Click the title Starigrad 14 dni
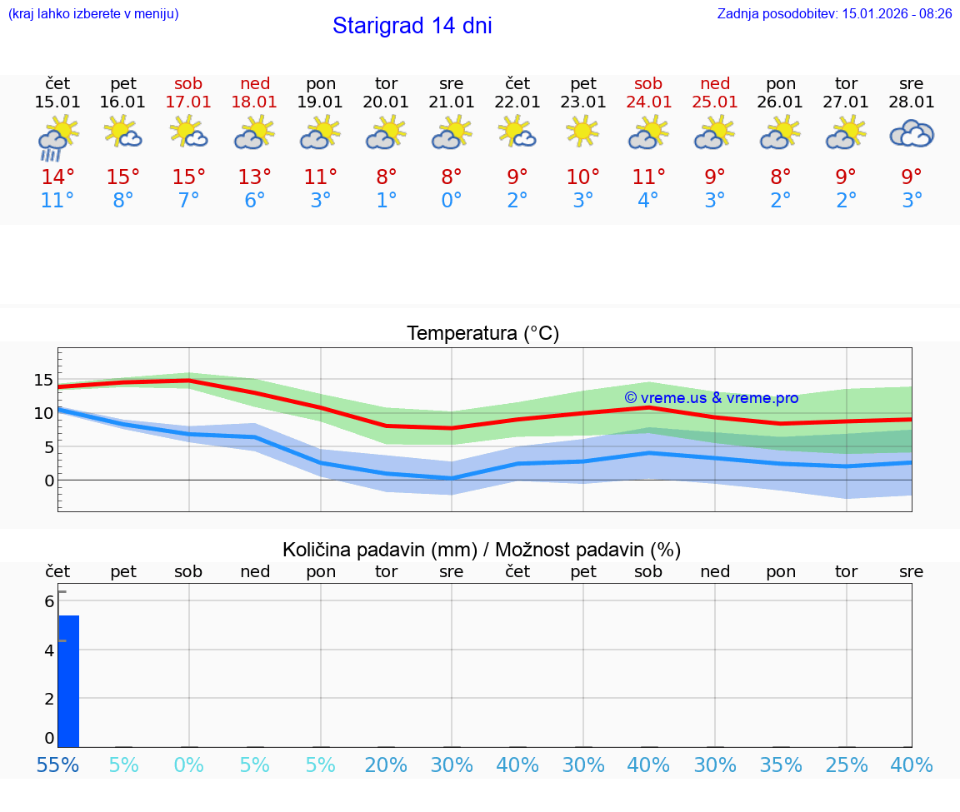coord(412,26)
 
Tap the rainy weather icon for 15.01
coord(57,137)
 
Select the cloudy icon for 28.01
coord(912,133)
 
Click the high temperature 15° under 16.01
coord(123,177)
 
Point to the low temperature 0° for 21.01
coord(452,201)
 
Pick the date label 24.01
coord(648,102)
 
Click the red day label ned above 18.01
coord(255,83)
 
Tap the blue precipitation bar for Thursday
coord(68,680)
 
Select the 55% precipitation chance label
coord(57,765)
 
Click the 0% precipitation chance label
coord(189,765)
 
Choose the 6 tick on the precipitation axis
coord(49,601)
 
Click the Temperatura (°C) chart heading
coord(482,334)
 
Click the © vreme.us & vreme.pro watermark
coord(711,398)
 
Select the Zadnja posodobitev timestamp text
coord(834,14)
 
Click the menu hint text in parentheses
coord(92,14)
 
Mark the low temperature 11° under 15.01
coord(57,201)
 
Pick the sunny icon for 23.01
coord(582,131)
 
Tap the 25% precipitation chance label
coord(846,765)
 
